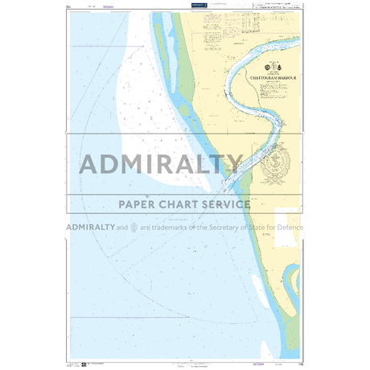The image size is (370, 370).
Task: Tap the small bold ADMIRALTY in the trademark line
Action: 90,228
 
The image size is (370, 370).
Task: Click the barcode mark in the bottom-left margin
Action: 73,364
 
